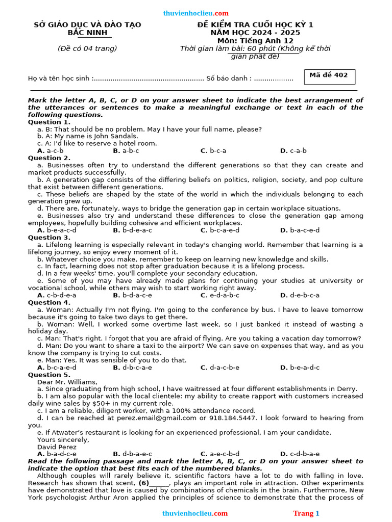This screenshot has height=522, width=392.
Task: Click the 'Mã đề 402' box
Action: tap(329, 76)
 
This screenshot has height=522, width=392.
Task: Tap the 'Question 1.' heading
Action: tap(49, 122)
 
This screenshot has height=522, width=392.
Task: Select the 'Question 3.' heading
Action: tap(49, 238)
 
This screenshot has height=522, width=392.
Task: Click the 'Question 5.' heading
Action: tap(49, 375)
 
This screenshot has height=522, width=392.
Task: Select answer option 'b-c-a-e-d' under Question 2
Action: tap(220, 230)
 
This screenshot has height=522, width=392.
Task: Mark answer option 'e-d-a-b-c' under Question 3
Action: tap(220, 295)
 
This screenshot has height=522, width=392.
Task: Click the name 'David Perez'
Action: tap(56, 447)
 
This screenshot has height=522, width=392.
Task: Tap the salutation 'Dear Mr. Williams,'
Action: tap(67, 382)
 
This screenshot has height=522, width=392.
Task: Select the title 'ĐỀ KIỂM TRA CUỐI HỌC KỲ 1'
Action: tap(256, 25)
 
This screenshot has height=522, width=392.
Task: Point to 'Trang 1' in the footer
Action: tap(306, 513)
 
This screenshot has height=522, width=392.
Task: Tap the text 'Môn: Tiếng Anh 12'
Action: tap(255, 41)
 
